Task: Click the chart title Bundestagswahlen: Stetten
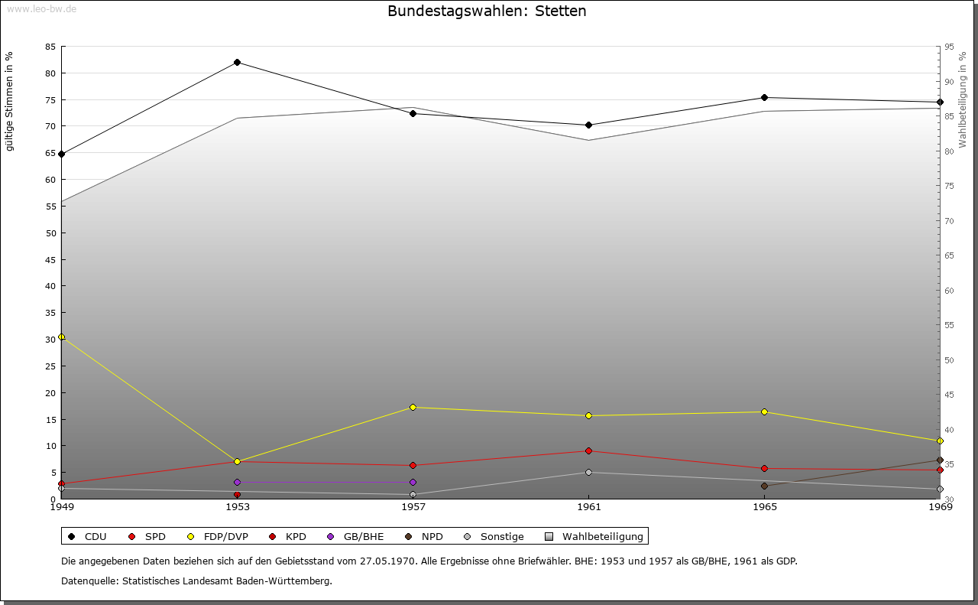(487, 11)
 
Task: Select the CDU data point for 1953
(237, 62)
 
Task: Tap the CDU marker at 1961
(588, 125)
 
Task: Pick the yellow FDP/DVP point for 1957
(413, 407)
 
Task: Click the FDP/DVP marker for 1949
(62, 337)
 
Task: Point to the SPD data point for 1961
(588, 450)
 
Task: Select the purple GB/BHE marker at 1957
(413, 482)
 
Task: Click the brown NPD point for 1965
(764, 486)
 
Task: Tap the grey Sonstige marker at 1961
(588, 472)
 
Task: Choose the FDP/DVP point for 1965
(764, 411)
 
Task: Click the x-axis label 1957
(413, 506)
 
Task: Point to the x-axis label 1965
(764, 506)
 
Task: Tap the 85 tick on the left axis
(50, 47)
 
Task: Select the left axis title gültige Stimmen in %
(10, 101)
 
